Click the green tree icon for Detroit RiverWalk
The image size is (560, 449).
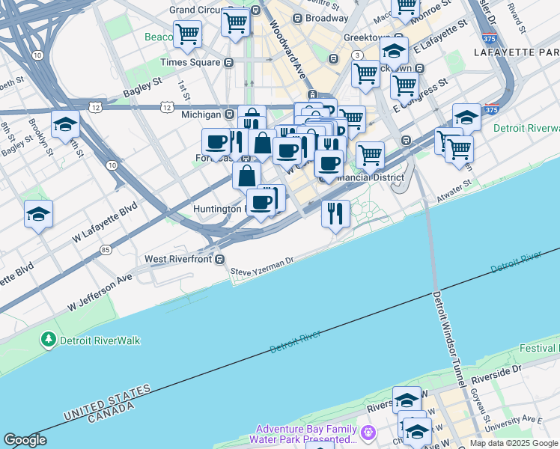point(49,340)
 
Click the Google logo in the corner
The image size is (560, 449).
point(25,440)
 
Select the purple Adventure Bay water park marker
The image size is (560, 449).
point(368,433)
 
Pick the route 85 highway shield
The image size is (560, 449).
point(106,249)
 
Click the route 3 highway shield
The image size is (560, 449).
point(358,55)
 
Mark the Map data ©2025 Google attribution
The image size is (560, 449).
point(514,443)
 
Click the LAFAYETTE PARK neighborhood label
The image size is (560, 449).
point(517,52)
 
